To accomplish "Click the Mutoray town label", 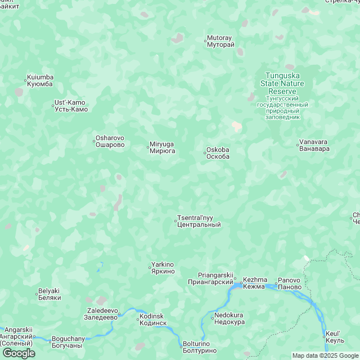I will pyautogui.click(x=220, y=41).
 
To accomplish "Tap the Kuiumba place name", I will pyautogui.click(x=40, y=80).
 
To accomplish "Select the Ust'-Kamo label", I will pyautogui.click(x=70, y=105).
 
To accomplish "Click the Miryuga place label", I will pyautogui.click(x=163, y=147).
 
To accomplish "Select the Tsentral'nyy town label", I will pyautogui.click(x=199, y=221).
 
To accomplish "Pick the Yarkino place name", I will pyautogui.click(x=163, y=268).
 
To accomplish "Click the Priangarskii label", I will pyautogui.click(x=210, y=278).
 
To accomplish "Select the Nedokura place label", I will pyautogui.click(x=229, y=319).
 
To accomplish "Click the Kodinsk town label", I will pyautogui.click(x=152, y=319).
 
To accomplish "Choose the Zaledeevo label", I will pyautogui.click(x=102, y=314).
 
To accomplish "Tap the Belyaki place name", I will pyautogui.click(x=49, y=294).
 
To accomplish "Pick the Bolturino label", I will pyautogui.click(x=200, y=347).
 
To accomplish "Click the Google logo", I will pyautogui.click(x=18, y=353).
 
